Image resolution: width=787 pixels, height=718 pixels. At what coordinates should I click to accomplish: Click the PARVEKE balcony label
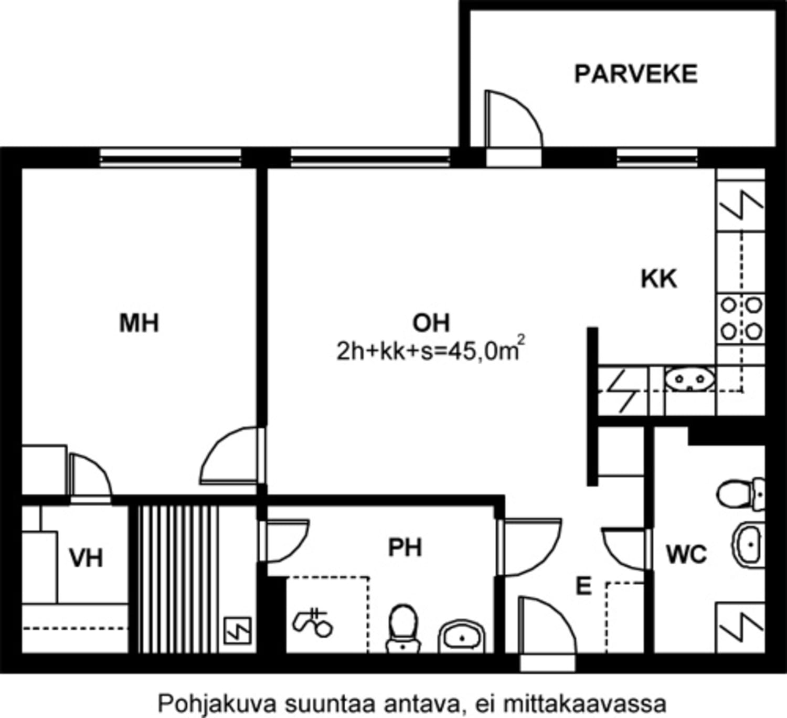pos(636,74)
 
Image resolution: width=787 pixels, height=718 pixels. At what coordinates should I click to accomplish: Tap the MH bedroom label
pos(139,323)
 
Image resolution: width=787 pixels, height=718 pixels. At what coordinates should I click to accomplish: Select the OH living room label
pos(431,323)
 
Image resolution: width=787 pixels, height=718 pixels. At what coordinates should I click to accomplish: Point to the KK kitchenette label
pos(658,279)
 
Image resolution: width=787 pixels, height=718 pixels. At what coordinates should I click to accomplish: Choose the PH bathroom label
pos(405,547)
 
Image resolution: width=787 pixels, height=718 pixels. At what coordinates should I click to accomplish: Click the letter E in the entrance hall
pos(583,586)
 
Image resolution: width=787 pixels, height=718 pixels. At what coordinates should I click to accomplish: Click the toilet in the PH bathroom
pos(403,628)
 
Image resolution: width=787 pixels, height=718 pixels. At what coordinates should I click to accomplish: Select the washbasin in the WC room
pos(748,544)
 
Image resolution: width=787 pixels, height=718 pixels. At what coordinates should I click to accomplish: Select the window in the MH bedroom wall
pos(171,158)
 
